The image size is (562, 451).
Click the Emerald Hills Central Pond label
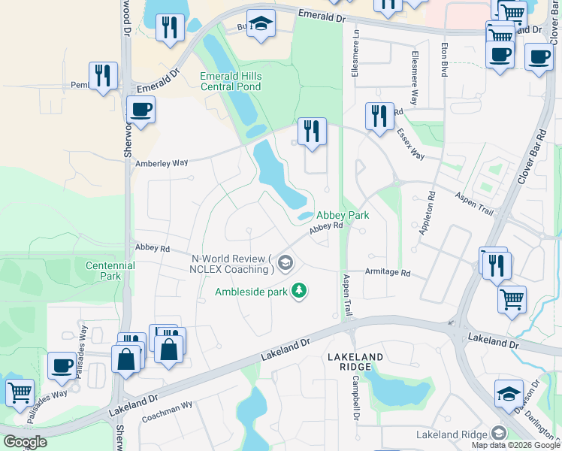[x=231, y=81]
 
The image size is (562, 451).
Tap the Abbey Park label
[x=342, y=215]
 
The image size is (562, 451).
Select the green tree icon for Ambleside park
[x=299, y=291]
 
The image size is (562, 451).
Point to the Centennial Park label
[x=110, y=271]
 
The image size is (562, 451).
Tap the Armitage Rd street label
[x=388, y=273]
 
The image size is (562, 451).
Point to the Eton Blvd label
[x=445, y=59]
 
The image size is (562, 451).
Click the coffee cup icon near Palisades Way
[x=62, y=366]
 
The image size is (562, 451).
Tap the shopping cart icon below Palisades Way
[x=20, y=391]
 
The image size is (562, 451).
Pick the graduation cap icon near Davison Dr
[x=509, y=393]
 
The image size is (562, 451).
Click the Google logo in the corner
[x=25, y=442]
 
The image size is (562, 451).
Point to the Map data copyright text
[x=515, y=445]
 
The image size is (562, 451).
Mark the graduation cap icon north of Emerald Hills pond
[x=261, y=23]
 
